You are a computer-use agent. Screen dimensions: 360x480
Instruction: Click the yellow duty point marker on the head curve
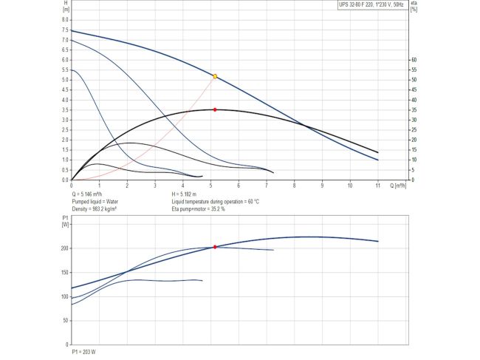[x=215, y=76]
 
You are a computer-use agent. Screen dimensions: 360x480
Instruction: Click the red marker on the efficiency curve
[x=215, y=109]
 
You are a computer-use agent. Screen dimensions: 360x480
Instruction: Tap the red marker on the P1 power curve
[x=215, y=247]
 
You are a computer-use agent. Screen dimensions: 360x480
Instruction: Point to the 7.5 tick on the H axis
[x=64, y=30]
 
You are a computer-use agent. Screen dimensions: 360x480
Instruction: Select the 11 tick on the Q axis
[x=378, y=186]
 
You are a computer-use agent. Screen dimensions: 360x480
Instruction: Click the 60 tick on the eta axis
[x=414, y=59]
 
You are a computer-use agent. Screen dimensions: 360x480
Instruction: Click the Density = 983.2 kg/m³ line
[x=95, y=209]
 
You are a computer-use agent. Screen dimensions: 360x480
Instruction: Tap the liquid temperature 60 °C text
[x=215, y=201]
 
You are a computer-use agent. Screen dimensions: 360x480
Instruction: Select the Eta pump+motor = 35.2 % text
[x=198, y=209]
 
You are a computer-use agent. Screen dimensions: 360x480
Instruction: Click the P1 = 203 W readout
[x=83, y=352]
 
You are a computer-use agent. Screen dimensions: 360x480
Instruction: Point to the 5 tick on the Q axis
[x=210, y=186]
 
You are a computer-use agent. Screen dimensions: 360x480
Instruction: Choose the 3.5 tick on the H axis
[x=64, y=110]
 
